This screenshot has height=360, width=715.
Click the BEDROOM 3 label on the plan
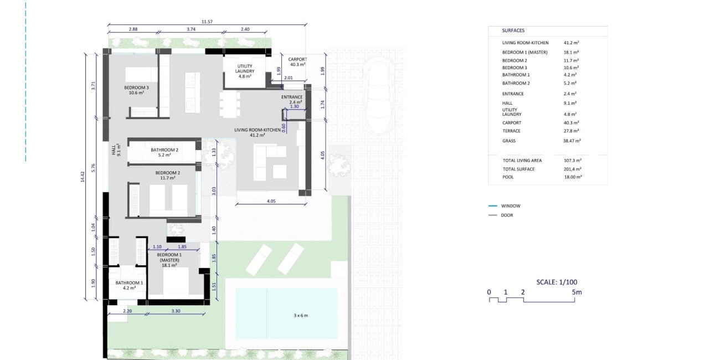pos(136,88)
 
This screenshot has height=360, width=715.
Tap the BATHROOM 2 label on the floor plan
pos(164,150)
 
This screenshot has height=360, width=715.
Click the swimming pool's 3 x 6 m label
pos(300,315)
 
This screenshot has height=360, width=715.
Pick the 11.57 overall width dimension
pos(207,22)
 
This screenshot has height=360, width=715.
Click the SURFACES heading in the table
pos(513,31)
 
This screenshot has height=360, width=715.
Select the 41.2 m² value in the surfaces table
pos(571,43)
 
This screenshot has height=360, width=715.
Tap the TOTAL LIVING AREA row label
pos(522,161)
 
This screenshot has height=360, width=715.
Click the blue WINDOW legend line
pos(492,206)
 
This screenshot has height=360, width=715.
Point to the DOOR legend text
pos(507,215)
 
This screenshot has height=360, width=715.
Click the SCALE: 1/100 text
pos(558,282)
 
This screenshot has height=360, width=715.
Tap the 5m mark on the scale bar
pos(578,292)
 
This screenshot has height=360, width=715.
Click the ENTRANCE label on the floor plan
pos(291,97)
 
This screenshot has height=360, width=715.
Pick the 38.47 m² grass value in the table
pos(572,141)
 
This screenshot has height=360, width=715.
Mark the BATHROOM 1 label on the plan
pos(129,283)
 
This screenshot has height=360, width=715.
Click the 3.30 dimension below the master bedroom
pos(176,312)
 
